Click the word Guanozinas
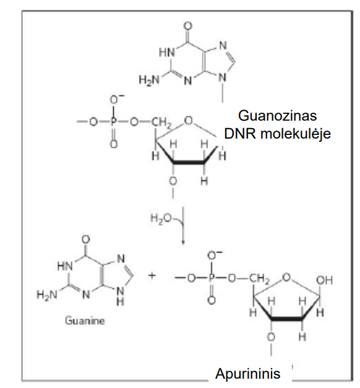[277, 116]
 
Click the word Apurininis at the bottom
[247, 374]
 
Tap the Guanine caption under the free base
[85, 321]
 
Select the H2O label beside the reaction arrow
[161, 218]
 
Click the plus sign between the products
[152, 275]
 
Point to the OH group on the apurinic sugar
[324, 280]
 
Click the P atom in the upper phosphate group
[114, 122]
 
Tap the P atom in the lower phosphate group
[211, 278]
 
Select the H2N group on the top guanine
[149, 80]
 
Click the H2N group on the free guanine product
[47, 295]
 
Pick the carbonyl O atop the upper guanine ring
[188, 26]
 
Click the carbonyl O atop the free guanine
[86, 239]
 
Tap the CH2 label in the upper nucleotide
[161, 123]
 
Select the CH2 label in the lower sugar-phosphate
[259, 279]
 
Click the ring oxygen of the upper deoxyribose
[189, 121]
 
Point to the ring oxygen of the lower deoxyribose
[286, 277]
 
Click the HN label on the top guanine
[166, 53]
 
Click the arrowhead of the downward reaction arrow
[183, 242]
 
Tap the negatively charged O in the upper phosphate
[115, 99]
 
